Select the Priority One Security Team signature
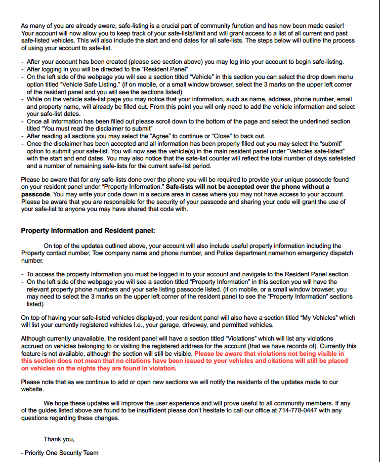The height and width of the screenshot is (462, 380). pyautogui.click(x=62, y=453)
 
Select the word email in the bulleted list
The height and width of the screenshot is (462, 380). pyautogui.click(x=344, y=99)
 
